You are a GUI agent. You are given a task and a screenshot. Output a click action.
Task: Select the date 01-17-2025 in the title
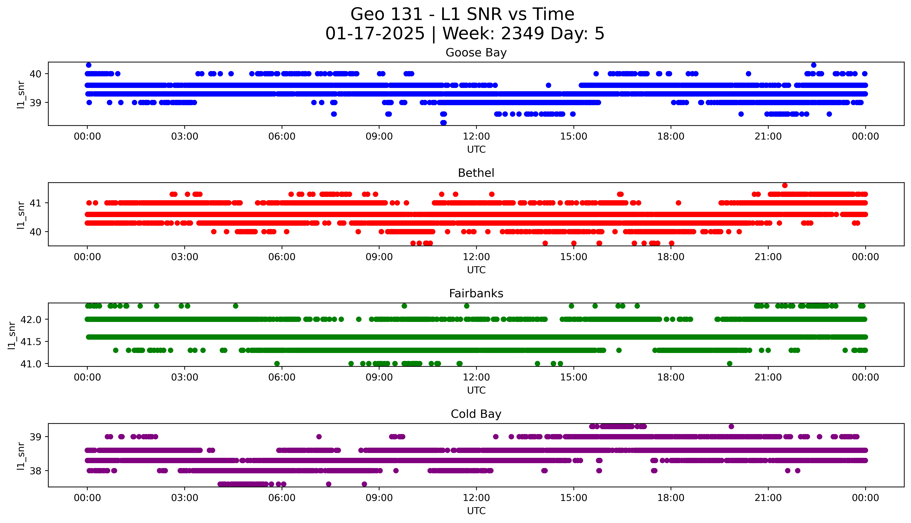click(375, 34)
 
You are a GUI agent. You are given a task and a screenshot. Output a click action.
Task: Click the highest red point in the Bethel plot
click(785, 185)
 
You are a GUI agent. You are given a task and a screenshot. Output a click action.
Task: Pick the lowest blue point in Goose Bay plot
click(444, 122)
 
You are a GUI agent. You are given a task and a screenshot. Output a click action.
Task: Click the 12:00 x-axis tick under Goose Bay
click(476, 137)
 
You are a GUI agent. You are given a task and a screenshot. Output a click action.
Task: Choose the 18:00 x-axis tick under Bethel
click(671, 257)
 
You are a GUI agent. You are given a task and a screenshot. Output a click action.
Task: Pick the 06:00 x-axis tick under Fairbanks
click(282, 377)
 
